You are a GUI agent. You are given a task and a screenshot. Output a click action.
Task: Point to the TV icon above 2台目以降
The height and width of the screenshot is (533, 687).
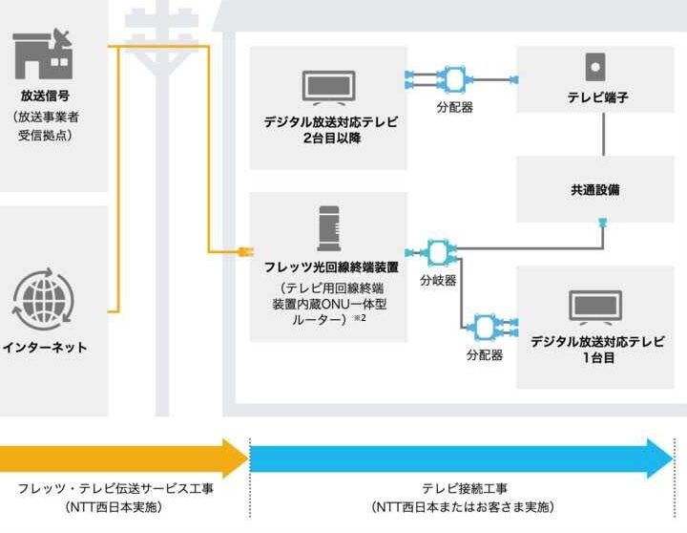coord(327,87)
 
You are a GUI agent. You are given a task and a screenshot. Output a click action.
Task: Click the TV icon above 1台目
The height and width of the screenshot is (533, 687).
coord(595,308)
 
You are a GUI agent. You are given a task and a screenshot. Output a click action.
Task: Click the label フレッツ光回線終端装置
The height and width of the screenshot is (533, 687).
coord(328,266)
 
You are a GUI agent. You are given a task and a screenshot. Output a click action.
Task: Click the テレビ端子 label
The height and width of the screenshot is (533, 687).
coord(597,97)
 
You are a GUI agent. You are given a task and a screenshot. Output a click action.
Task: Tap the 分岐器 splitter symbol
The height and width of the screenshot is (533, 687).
coord(439,252)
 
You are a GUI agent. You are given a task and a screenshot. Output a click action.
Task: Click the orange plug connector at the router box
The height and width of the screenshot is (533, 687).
coord(241,252)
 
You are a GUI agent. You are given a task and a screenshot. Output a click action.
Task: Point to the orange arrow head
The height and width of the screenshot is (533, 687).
coord(234,458)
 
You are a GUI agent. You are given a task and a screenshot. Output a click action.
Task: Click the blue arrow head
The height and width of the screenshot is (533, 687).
coord(659,458)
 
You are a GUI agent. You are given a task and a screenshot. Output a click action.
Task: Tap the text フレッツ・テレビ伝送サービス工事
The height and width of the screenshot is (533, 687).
coord(115,488)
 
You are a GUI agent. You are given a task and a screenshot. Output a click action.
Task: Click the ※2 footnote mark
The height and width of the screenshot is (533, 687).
coord(363,317)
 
